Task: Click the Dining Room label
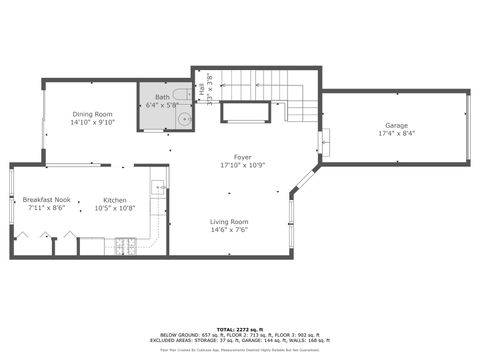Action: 93,114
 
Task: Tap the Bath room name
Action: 161,97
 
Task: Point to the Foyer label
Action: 242,156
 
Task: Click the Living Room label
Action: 229,221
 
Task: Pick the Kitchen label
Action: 115,200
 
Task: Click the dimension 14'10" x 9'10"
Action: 93,122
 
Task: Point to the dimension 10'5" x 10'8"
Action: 115,208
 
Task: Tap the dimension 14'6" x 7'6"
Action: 229,229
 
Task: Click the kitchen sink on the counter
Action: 158,187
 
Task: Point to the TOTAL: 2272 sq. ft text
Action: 240,327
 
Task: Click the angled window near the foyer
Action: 301,184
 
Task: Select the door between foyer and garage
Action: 321,143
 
